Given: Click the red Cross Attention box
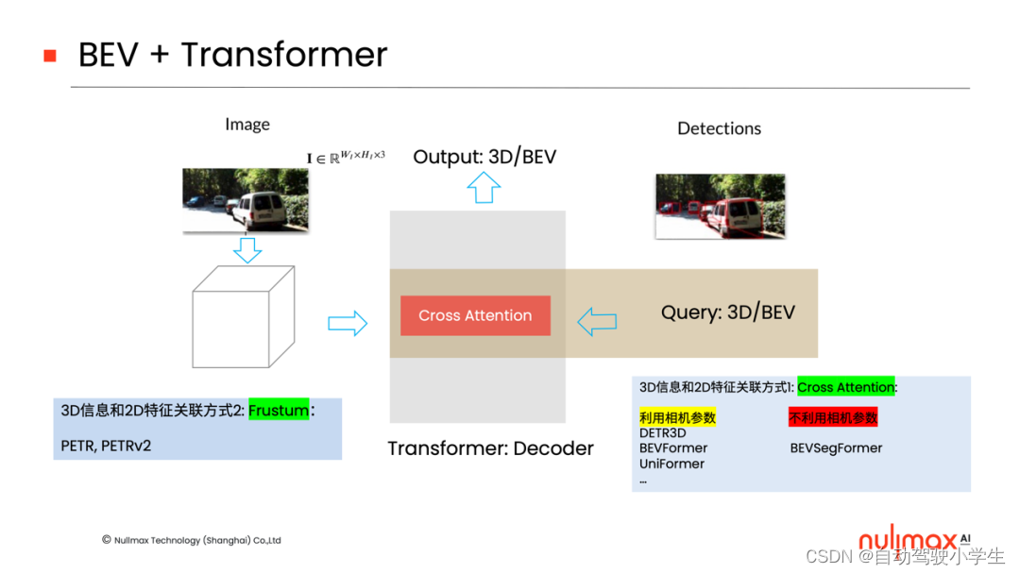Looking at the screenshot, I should (x=475, y=315).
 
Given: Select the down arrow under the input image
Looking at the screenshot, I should (x=247, y=250).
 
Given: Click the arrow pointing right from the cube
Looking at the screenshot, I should (x=347, y=324).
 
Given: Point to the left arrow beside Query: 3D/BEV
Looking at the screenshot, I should (x=597, y=323).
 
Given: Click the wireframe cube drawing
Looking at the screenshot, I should (x=243, y=317).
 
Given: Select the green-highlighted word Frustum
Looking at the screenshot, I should (x=279, y=411).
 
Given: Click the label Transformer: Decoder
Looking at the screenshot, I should (x=490, y=448).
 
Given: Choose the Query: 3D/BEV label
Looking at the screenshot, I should (x=727, y=312).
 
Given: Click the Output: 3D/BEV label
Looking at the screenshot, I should (x=484, y=156).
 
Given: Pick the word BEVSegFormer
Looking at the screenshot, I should (x=836, y=448).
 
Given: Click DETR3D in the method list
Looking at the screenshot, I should (x=663, y=433).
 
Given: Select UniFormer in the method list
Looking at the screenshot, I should (x=671, y=464).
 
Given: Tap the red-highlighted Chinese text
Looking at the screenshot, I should (x=833, y=417).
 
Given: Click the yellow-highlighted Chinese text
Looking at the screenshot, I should (x=677, y=417).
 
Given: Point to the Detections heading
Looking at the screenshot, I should (x=719, y=128).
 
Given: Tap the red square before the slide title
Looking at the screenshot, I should (x=50, y=56).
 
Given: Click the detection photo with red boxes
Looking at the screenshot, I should (x=721, y=205).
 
